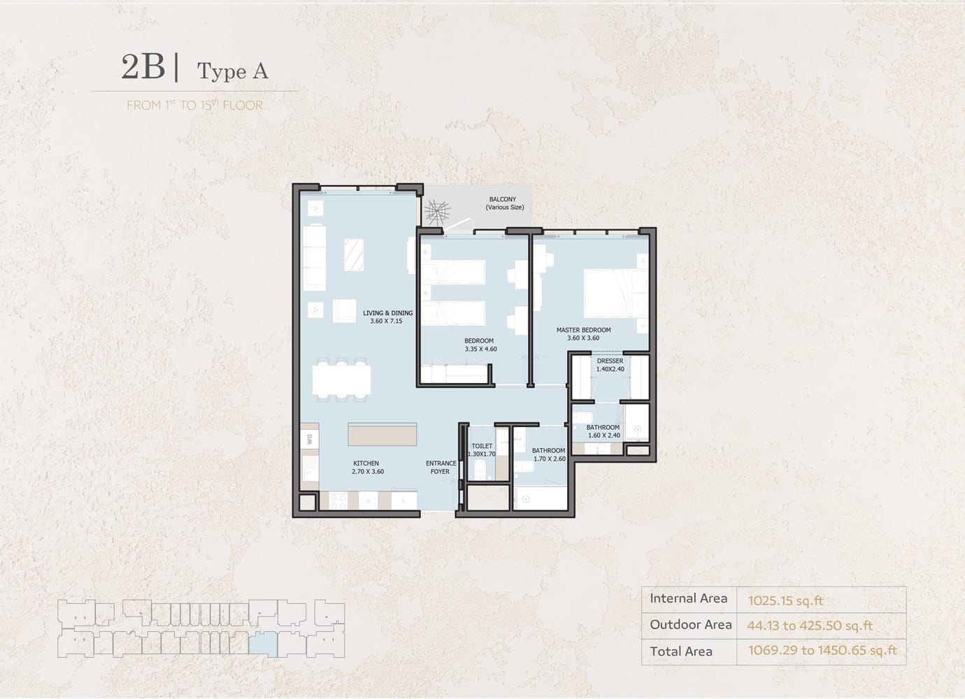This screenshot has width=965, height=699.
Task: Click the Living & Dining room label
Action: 387,317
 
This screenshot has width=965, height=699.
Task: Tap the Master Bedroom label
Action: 583,334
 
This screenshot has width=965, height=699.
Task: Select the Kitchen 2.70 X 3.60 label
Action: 367,468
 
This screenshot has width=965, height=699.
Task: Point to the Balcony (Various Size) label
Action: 504,203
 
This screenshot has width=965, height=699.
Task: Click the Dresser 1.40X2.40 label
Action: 610,365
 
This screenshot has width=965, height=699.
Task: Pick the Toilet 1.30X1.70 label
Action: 482,449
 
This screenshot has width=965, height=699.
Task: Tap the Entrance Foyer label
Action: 441,468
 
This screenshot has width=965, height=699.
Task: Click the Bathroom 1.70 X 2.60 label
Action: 549,454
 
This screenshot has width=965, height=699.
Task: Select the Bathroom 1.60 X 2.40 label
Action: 603,431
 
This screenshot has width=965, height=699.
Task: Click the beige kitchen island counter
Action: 382,434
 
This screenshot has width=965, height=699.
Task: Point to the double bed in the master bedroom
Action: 615,294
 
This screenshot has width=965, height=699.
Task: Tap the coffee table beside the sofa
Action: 353,255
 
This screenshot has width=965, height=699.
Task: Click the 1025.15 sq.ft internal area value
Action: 785,601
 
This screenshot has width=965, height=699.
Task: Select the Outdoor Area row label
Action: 691,624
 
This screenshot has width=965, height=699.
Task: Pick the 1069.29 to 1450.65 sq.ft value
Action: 822,651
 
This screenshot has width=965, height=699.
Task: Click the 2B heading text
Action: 143,67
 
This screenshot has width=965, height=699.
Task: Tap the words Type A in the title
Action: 233,71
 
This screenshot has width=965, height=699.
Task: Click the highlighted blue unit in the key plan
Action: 263,644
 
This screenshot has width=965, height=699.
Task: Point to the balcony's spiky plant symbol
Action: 437,212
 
